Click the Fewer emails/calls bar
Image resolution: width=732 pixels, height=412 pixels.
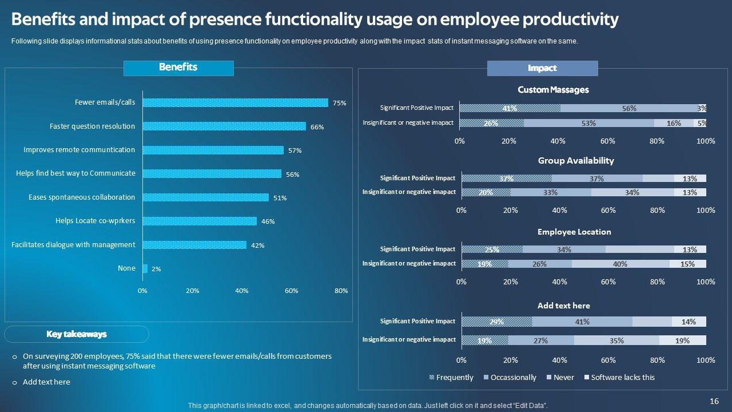click(x=235, y=103)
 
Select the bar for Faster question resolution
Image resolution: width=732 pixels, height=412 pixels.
click(x=224, y=126)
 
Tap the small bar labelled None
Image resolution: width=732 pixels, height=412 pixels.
click(x=145, y=268)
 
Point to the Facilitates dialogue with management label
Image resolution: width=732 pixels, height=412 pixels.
click(x=73, y=245)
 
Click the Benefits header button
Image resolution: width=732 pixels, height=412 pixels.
click(x=178, y=68)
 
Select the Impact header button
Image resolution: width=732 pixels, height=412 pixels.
click(x=542, y=69)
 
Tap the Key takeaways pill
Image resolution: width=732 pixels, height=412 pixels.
click(x=77, y=334)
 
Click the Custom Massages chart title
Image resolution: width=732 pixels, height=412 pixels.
click(x=553, y=90)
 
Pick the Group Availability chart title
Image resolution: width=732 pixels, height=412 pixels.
click(x=576, y=161)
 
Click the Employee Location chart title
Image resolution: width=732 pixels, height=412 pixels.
click(x=574, y=232)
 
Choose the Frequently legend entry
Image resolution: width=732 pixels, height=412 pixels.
click(x=451, y=378)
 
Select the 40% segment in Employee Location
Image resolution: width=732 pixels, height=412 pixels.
click(x=620, y=264)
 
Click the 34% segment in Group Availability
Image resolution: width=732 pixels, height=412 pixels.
click(x=632, y=193)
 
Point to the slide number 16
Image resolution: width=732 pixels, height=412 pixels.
click(x=714, y=402)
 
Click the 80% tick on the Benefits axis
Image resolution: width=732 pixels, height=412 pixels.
click(x=341, y=291)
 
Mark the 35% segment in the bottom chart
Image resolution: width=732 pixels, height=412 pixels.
click(x=616, y=340)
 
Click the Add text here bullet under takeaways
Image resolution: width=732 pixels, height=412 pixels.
click(x=46, y=382)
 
